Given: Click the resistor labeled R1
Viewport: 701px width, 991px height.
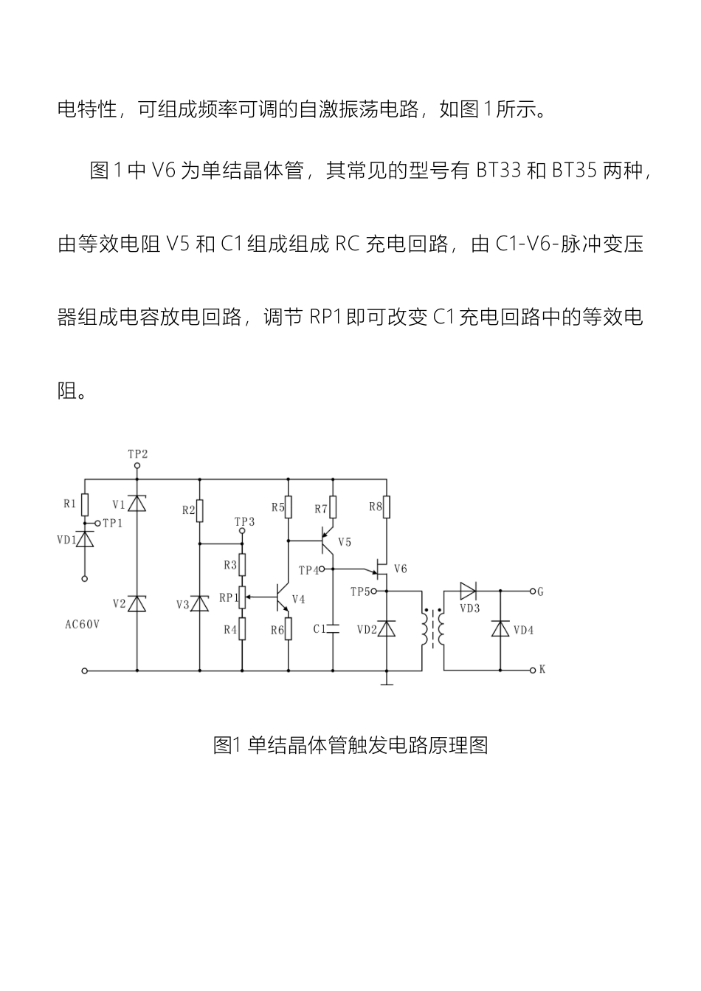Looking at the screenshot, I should tap(85, 505).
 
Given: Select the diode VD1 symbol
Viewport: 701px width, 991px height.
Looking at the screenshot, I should tap(85, 539).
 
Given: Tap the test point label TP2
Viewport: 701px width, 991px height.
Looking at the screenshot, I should tap(137, 454).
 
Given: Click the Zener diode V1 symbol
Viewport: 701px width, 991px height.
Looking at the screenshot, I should tap(137, 504).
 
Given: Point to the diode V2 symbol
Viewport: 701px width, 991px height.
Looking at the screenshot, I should tap(137, 603).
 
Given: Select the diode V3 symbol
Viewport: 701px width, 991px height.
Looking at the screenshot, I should tap(200, 603).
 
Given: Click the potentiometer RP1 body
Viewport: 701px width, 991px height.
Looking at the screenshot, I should tap(241, 597).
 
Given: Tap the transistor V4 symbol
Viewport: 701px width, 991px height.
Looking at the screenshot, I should tap(284, 597).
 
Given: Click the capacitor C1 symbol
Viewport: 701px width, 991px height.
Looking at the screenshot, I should tap(333, 628).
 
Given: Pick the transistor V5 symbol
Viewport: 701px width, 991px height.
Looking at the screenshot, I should tap(328, 541).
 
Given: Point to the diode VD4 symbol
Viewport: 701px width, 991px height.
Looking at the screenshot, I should tap(501, 629).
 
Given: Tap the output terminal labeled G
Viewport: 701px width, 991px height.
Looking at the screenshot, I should tap(541, 591).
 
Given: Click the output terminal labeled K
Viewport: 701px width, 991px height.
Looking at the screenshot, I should tap(542, 670).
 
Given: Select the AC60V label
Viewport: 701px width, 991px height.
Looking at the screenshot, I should tap(82, 624).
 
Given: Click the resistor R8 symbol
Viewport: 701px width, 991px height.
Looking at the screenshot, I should tap(387, 507).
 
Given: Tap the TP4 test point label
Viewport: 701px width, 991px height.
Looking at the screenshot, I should tap(308, 570).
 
